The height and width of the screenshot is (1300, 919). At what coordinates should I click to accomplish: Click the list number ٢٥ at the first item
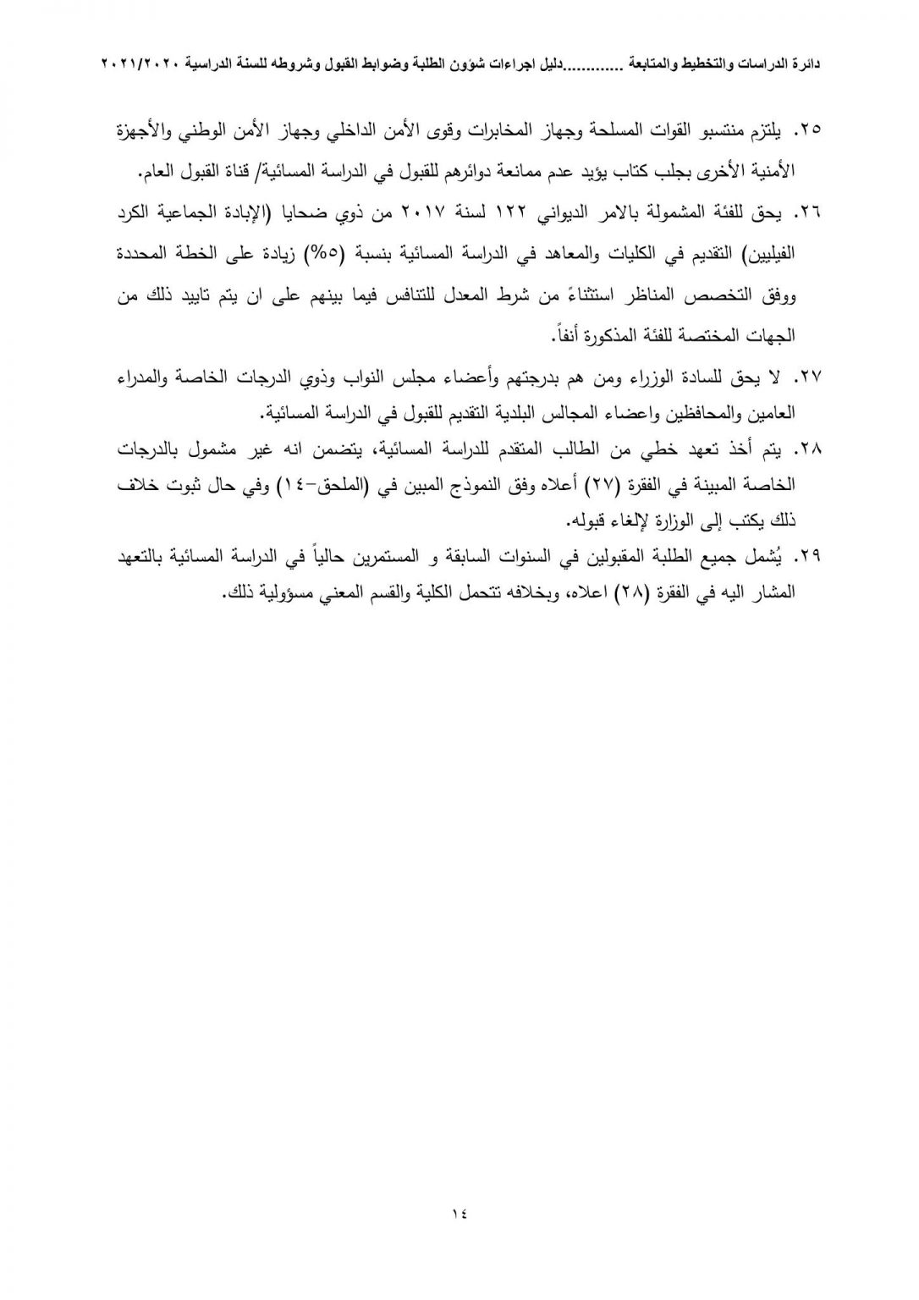tap(811, 131)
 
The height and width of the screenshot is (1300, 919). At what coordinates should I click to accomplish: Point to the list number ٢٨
tap(811, 449)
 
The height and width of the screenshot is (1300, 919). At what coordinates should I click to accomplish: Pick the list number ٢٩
tap(811, 557)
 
